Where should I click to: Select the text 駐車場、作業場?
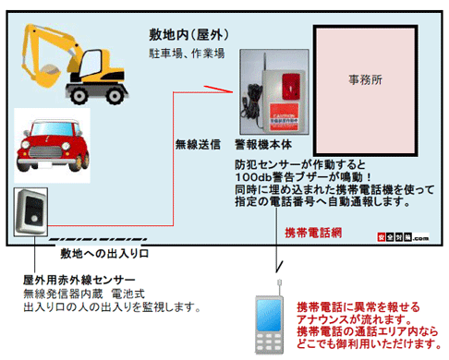[x=187, y=54]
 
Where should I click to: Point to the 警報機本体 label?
[x=264, y=144]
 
